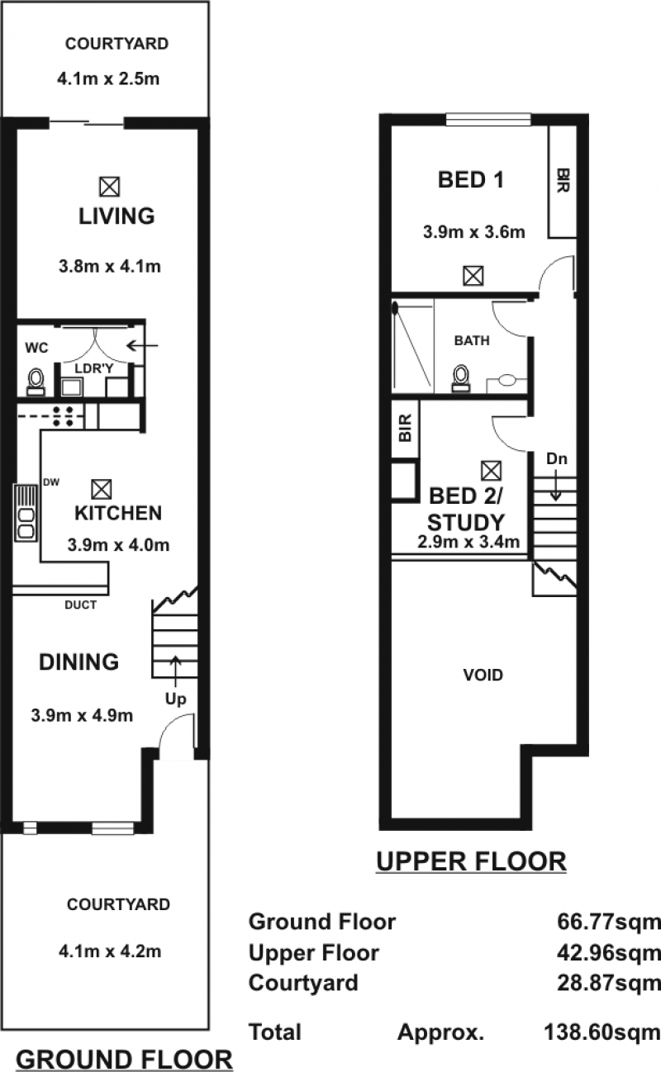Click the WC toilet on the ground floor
[36, 382]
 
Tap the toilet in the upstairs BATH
[461, 378]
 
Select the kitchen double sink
[26, 513]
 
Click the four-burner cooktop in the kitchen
[63, 416]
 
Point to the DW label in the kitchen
[51, 482]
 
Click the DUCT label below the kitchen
[80, 605]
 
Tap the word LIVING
[117, 216]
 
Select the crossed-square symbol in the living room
[110, 187]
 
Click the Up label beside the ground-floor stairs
[175, 700]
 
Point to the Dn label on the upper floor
[557, 459]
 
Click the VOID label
[483, 676]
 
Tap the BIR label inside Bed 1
[563, 180]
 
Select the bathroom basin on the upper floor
[506, 381]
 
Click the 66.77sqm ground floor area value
[609, 922]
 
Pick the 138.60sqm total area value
[602, 1032]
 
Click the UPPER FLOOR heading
[472, 861]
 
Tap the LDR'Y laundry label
[94, 368]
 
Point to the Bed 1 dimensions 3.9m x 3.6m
[473, 232]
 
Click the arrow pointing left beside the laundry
[141, 345]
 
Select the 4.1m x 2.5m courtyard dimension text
[108, 79]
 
